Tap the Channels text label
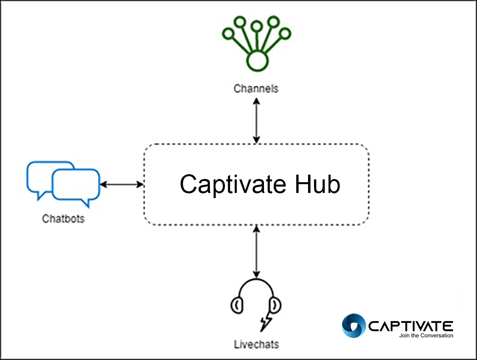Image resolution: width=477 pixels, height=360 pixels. (x=256, y=88)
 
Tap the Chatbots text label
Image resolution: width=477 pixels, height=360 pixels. (x=63, y=218)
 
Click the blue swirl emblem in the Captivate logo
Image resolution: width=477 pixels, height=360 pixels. (x=353, y=326)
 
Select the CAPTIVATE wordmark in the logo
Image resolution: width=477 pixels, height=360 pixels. (x=411, y=326)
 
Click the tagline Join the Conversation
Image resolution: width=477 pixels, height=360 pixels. (x=426, y=336)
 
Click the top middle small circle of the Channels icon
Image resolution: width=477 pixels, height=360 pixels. (x=257, y=27)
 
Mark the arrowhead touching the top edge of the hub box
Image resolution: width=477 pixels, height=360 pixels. (x=256, y=140)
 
